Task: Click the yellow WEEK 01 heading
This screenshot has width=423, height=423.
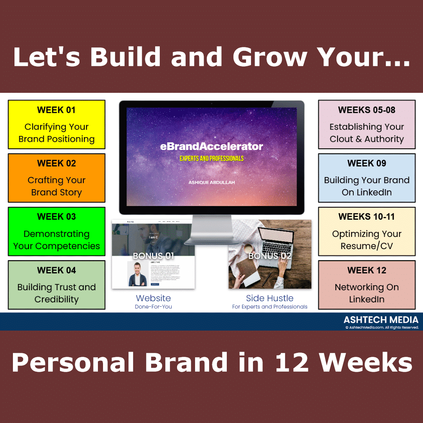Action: click(x=56, y=110)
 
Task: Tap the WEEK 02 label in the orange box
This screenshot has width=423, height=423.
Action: click(x=56, y=163)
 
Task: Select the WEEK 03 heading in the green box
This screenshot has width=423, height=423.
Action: click(x=56, y=217)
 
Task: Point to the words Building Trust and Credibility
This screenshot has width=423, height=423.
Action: click(x=56, y=293)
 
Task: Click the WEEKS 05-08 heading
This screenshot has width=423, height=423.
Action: click(x=367, y=110)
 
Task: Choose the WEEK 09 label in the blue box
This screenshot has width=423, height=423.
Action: click(x=367, y=163)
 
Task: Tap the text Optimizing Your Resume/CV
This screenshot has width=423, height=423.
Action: click(x=367, y=240)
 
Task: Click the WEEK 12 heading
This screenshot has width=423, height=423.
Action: click(x=367, y=270)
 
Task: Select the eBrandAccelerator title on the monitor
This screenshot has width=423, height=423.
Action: click(x=211, y=147)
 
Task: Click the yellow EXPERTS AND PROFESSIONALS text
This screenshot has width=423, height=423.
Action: click(x=211, y=159)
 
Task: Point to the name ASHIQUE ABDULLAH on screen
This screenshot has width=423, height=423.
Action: click(x=211, y=183)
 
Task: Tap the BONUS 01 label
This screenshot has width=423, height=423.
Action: click(x=153, y=256)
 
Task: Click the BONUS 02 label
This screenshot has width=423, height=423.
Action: click(x=270, y=256)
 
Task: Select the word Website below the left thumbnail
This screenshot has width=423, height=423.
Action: click(x=153, y=298)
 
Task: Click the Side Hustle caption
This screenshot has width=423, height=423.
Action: click(x=269, y=298)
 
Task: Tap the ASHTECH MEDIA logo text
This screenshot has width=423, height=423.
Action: click(x=381, y=320)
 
